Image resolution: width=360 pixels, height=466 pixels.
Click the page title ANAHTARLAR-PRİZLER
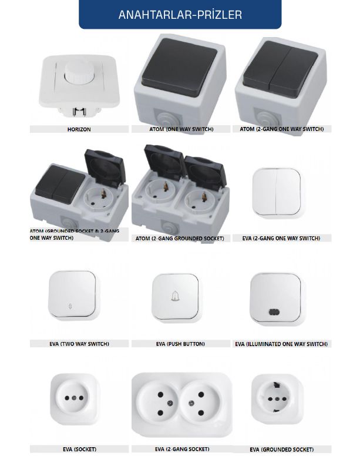coord(180,15)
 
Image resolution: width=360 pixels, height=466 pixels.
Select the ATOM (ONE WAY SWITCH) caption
coord(180,129)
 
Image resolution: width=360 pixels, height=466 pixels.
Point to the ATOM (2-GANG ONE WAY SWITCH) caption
coord(281,129)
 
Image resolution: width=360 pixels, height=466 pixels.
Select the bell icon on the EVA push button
coord(176,296)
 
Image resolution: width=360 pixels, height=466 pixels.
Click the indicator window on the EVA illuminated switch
coord(274,312)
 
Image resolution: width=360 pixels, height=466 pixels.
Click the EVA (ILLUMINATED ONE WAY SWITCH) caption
coord(281,344)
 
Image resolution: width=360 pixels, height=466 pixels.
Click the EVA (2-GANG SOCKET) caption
coord(181,449)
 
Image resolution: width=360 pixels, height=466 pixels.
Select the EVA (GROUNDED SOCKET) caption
coord(281,450)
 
